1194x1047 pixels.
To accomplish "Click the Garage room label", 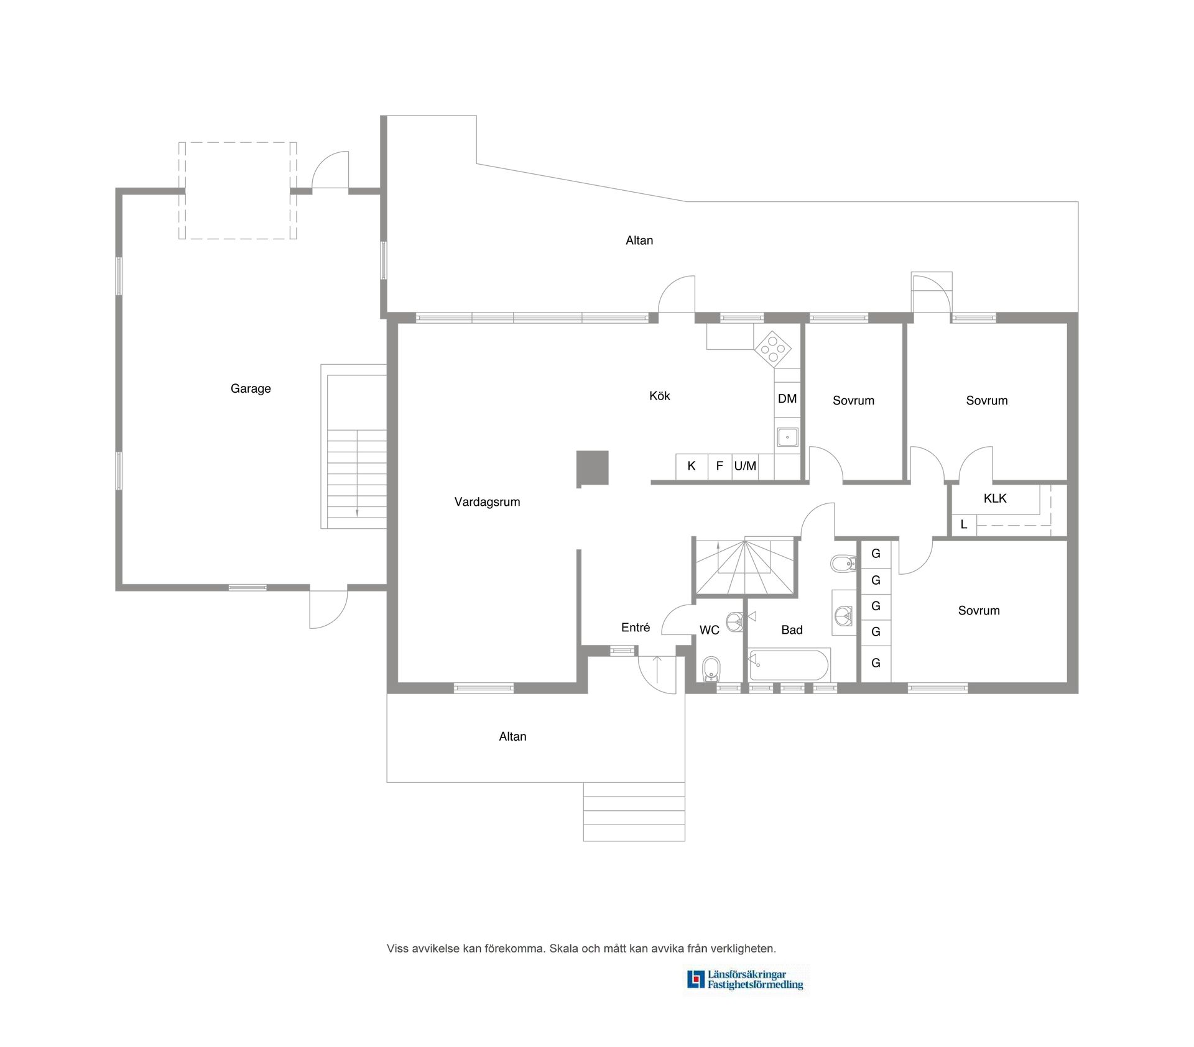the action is tap(251, 389).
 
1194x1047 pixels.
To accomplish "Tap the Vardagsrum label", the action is tap(487, 502).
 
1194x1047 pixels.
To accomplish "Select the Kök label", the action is tap(659, 396).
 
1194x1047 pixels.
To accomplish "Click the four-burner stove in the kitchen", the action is tap(773, 349).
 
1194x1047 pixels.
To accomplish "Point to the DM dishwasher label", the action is tap(787, 399).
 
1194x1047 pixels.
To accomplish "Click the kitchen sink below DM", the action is tap(787, 437).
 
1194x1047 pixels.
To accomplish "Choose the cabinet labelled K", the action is tap(692, 467).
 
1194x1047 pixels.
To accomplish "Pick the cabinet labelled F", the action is tap(720, 467).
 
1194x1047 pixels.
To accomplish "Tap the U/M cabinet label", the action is tap(745, 466).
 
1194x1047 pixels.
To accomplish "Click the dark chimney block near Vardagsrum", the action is tap(592, 468).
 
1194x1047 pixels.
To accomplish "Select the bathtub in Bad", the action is tap(790, 665).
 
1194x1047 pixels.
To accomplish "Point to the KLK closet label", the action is tap(995, 498).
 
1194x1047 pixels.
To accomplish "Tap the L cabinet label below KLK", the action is tap(964, 524).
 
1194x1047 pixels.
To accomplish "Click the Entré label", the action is tap(636, 628).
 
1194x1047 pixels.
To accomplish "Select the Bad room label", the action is tap(792, 630).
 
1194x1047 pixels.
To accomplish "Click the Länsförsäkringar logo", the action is tap(746, 979).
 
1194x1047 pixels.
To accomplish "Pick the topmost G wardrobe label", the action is tap(876, 554).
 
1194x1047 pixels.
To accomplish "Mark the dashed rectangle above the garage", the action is tap(238, 142).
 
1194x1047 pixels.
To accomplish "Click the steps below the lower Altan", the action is tap(634, 812).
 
